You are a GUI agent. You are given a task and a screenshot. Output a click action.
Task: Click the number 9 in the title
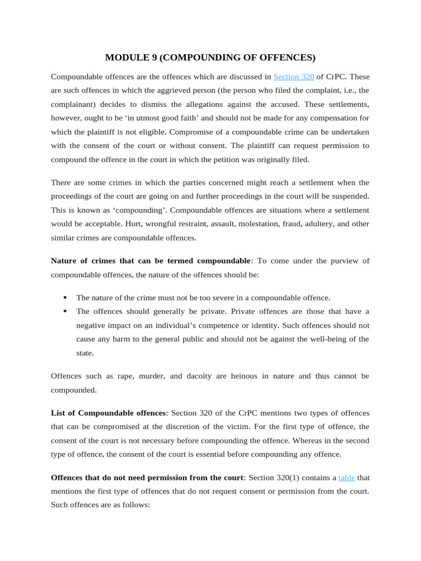(152, 58)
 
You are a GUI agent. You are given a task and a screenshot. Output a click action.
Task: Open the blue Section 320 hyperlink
(293, 76)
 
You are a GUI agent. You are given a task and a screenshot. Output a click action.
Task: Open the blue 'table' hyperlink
(346, 477)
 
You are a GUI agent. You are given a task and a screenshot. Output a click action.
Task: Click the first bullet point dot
(65, 297)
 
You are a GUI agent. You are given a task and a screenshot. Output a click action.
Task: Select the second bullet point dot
(65, 311)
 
